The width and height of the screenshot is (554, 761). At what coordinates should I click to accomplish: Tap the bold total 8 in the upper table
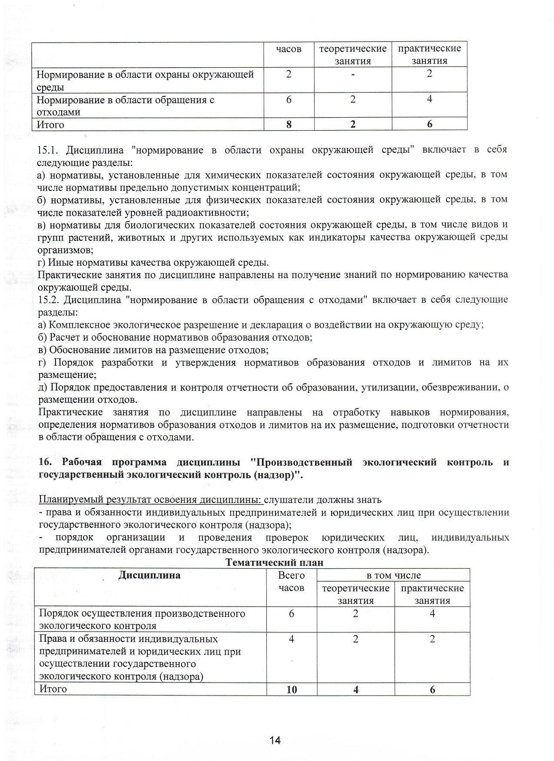pos(289,125)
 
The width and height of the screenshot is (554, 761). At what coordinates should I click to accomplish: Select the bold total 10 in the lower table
pos(292,689)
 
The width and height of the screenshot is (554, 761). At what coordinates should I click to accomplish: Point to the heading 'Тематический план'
pos(274,563)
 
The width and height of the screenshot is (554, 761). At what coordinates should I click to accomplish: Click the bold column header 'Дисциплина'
pos(149,575)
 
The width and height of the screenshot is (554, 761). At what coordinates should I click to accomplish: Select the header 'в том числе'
pos(394,575)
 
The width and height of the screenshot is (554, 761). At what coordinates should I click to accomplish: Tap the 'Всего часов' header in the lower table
pos(291,581)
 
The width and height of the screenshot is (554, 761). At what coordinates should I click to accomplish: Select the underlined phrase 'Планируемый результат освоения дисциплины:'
pos(150,500)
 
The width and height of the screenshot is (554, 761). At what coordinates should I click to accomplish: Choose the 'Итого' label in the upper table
pos(50,125)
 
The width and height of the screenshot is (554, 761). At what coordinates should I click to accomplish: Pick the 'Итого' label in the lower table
pos(53,689)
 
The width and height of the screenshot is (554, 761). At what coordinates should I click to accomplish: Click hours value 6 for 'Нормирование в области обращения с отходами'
pos(289,100)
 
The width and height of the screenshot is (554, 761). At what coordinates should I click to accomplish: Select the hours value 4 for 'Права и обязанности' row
pos(291,639)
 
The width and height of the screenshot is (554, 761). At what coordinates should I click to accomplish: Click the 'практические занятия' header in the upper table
pos(429,54)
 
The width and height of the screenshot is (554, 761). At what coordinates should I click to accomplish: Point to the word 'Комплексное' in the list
pos(80,325)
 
